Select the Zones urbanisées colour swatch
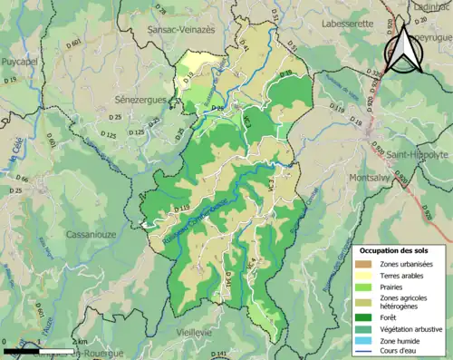point(368,263)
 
